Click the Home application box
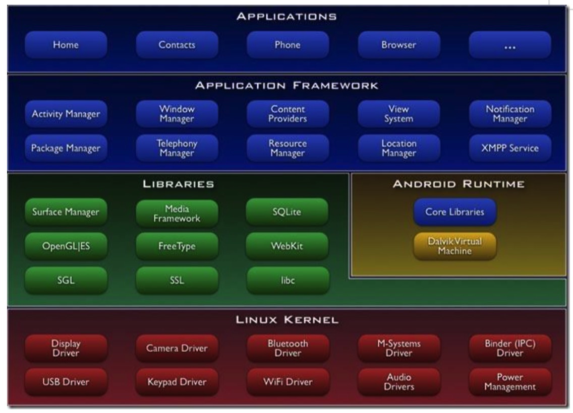click(x=66, y=45)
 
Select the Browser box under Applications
click(x=399, y=45)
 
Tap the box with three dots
click(x=509, y=45)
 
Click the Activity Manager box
click(x=66, y=114)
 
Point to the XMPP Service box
click(x=509, y=149)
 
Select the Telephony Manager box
click(x=177, y=149)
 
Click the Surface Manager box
click(x=66, y=212)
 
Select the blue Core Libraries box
click(x=454, y=212)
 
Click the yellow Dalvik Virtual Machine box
click(x=454, y=247)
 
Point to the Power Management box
click(x=509, y=382)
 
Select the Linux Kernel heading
click(x=288, y=319)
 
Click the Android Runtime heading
click(x=458, y=185)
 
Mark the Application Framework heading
click(x=288, y=87)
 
